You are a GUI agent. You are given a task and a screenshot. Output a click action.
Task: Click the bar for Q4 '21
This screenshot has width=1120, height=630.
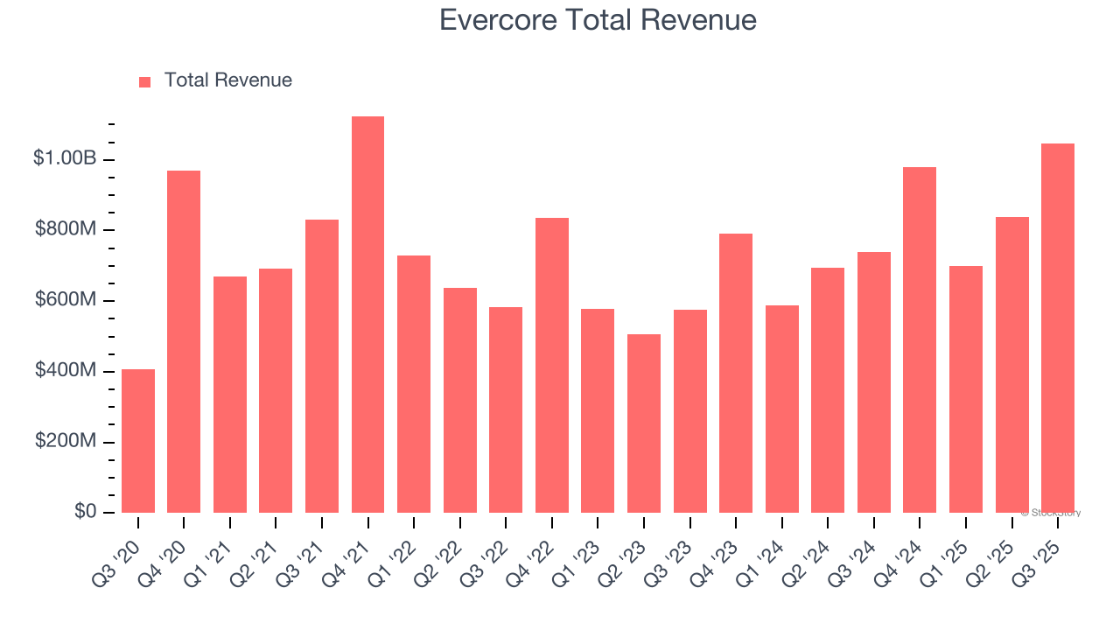pos(367,315)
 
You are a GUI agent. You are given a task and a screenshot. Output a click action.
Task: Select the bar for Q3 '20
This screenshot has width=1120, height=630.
pos(138,441)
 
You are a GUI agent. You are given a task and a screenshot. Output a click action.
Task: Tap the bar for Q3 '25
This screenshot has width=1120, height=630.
pos(1058,328)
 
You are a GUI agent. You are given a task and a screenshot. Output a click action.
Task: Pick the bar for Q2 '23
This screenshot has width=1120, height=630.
pos(644,423)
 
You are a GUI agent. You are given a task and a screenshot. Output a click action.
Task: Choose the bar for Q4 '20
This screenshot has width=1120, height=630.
pos(184,341)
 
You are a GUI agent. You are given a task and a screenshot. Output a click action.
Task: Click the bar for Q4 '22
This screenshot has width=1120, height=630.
pos(552,365)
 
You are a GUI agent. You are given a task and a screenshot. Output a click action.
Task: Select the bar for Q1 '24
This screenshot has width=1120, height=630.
pos(781,409)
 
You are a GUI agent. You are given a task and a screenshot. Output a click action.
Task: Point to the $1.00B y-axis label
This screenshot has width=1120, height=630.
pos(65,158)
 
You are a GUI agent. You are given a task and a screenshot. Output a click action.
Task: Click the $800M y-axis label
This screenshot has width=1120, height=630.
pos(66,229)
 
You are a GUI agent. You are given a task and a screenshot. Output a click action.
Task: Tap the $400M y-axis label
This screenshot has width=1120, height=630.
pos(66,371)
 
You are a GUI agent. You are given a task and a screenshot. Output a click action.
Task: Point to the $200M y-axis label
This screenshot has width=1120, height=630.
pos(66,441)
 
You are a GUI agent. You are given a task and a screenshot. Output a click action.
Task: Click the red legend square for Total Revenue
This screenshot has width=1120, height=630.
pos(145,81)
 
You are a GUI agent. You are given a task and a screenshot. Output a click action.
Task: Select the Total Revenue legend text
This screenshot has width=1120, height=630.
pos(227,80)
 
